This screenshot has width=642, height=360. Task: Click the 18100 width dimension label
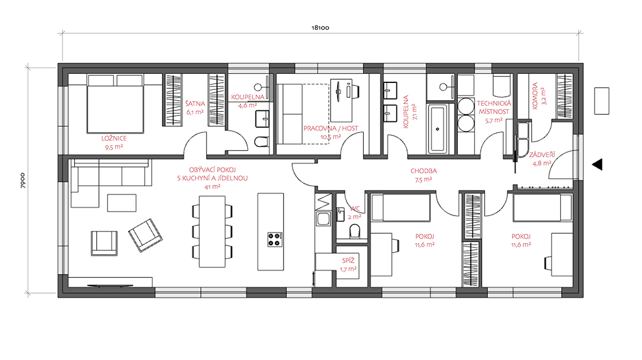(x=320, y=28)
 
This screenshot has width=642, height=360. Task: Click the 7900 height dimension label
(x=22, y=180)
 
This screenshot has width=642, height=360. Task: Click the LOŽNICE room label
(x=114, y=139)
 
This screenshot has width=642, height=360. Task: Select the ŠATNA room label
(x=195, y=103)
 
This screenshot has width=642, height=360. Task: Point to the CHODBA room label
(x=424, y=171)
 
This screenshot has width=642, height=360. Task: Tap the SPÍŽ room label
(x=348, y=261)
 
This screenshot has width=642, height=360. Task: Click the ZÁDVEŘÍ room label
(x=542, y=155)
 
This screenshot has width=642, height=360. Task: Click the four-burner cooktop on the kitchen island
(x=275, y=240)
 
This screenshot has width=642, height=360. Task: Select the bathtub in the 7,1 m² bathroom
(x=438, y=129)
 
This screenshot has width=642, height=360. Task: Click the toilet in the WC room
(x=355, y=231)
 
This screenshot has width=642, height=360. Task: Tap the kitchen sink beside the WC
(x=323, y=219)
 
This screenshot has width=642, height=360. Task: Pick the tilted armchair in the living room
(x=146, y=235)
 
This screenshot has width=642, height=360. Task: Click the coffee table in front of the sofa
(x=122, y=203)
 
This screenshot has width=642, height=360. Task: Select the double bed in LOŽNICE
(x=115, y=104)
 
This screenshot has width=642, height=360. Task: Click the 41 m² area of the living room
(x=212, y=187)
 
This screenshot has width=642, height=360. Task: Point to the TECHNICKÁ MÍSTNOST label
(x=494, y=108)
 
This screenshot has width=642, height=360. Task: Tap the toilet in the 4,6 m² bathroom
(x=262, y=141)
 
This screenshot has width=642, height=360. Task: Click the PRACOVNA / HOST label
(x=331, y=128)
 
